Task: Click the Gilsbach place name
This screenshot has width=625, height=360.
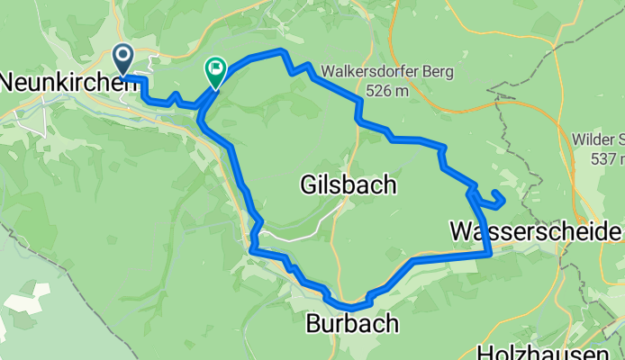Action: [347, 185]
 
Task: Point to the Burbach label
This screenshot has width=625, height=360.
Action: [351, 324]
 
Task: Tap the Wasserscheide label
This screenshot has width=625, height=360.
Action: [536, 232]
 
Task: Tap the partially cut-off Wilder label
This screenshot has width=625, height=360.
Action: [599, 139]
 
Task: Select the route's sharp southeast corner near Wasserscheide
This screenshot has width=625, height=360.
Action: [490, 255]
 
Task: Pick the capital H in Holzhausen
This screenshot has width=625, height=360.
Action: [485, 352]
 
